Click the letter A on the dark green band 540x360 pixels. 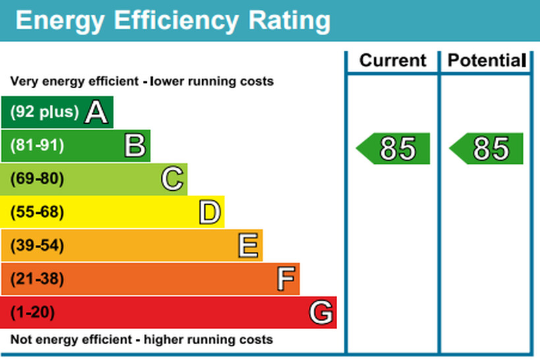coord(96,113)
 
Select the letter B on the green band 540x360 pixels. coord(134,145)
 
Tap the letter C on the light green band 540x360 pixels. coord(172,179)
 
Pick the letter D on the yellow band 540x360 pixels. coord(209,213)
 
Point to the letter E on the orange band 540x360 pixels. coord(247,246)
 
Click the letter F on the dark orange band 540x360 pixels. coord(284,280)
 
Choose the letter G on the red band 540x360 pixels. coord(321,313)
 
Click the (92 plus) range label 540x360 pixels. coord(44,112)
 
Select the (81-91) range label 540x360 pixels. coord(37,145)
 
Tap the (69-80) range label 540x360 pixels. coord(37,179)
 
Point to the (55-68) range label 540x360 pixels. coord(37,213)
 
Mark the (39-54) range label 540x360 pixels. coord(37,246)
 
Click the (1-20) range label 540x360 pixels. coord(32,313)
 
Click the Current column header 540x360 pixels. coord(392,61)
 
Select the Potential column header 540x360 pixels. coord(485,61)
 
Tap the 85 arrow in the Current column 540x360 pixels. coord(394,149)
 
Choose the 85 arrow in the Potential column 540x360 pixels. coord(487,149)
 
